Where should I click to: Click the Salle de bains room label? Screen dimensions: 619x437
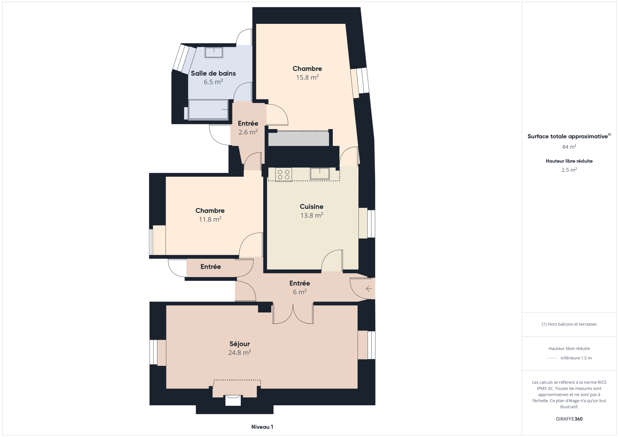(213, 73)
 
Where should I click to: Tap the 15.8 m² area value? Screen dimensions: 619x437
(307, 77)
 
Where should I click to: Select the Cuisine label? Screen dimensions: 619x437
(311, 207)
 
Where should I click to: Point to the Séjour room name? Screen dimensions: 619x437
(239, 344)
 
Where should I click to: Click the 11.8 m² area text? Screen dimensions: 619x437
(210, 219)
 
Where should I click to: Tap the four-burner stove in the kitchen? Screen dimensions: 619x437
(284, 174)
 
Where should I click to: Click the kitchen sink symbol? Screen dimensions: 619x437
(319, 174)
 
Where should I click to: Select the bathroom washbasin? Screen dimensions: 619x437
(214, 53)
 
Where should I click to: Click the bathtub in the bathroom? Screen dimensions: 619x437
(208, 110)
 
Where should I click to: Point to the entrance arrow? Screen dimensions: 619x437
(369, 289)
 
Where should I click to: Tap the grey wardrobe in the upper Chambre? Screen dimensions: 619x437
(299, 139)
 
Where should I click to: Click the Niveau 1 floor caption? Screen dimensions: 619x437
(262, 427)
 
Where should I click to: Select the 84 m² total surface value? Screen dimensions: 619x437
(569, 147)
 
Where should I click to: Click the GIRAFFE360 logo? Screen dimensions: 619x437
(569, 419)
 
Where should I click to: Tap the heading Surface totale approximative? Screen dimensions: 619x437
(567, 136)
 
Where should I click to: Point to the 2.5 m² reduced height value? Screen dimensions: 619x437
(569, 170)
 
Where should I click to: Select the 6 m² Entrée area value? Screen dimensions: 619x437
(300, 292)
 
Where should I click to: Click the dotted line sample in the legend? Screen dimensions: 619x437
(552, 358)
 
